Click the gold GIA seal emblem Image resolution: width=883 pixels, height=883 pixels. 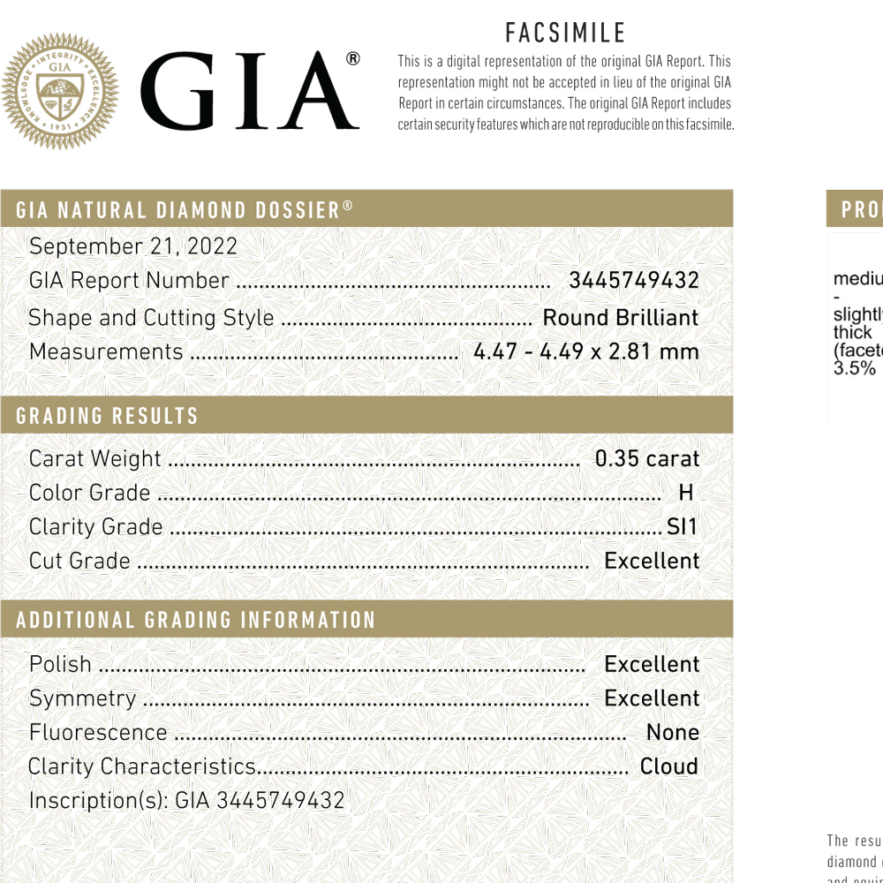(60, 91)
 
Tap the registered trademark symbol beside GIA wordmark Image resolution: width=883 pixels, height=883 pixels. (352, 59)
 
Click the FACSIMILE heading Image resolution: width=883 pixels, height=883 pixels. (565, 34)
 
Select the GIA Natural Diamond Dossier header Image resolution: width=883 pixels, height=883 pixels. (185, 210)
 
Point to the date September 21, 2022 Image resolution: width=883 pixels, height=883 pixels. (133, 246)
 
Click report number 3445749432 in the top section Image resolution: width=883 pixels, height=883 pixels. (633, 281)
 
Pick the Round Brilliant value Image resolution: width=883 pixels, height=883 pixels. (620, 318)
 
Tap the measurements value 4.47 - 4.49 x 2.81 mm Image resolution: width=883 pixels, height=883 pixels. (585, 351)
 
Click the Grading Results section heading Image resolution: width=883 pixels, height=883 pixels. (107, 416)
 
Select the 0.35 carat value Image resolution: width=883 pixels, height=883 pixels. (646, 459)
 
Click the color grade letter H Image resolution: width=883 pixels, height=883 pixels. (685, 493)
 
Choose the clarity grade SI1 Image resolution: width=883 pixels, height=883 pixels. (682, 527)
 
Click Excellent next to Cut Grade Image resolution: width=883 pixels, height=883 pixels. (651, 561)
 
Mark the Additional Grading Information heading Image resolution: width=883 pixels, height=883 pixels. (196, 620)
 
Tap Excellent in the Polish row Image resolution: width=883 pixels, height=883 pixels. (651, 664)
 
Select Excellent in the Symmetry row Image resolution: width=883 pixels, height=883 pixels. (651, 698)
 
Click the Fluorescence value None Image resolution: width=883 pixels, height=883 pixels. (672, 733)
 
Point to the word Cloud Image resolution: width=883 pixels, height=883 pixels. (668, 766)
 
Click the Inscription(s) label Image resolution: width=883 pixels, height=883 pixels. (98, 801)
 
